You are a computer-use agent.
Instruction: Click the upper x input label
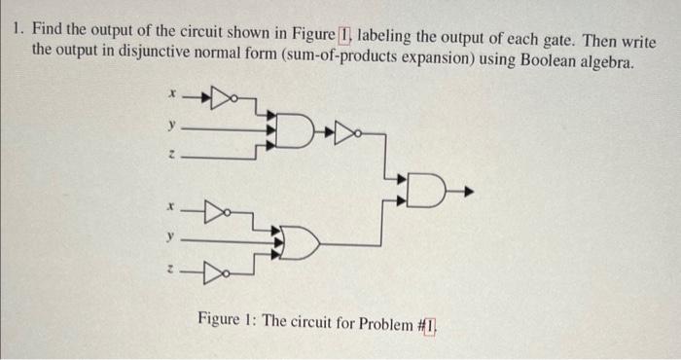171,95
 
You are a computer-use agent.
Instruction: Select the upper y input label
171,125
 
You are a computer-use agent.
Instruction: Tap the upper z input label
171,154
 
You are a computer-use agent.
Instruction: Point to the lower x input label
171,206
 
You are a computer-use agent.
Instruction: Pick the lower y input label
171,235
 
